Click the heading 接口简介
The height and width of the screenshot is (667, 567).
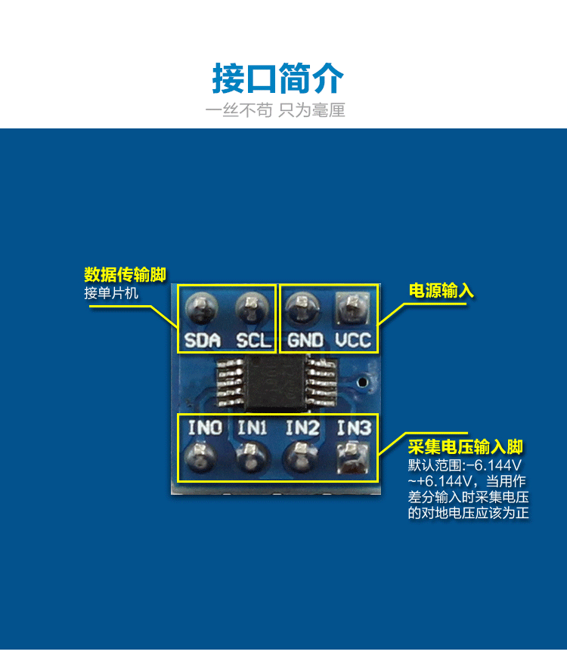(x=277, y=79)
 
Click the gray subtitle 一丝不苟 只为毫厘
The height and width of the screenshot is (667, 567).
(x=275, y=110)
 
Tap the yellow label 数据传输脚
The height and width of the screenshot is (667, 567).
(x=125, y=273)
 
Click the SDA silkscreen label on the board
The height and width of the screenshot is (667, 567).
(x=203, y=341)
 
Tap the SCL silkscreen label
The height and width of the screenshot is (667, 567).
(x=253, y=341)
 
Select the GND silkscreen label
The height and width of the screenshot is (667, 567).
(x=305, y=341)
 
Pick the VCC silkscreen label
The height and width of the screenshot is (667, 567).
(x=354, y=341)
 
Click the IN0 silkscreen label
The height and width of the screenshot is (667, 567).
(x=205, y=428)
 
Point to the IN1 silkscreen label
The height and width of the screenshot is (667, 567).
(x=253, y=428)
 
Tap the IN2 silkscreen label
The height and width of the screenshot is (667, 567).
(x=302, y=428)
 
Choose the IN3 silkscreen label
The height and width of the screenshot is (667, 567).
(x=354, y=428)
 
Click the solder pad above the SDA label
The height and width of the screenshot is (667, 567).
(x=202, y=306)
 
